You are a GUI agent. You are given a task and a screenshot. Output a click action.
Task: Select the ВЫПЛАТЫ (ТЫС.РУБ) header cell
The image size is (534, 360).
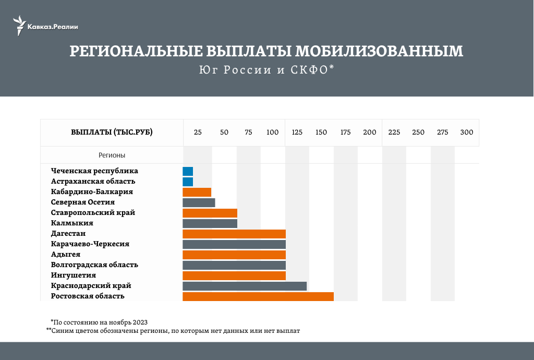click(112, 133)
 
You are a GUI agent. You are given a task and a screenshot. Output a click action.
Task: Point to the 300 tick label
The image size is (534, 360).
click(467, 133)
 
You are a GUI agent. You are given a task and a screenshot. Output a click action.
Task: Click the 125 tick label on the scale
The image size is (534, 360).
click(297, 133)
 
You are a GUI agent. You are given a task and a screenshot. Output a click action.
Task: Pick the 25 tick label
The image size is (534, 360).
click(198, 133)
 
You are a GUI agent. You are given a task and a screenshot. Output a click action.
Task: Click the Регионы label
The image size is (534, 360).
click(112, 155)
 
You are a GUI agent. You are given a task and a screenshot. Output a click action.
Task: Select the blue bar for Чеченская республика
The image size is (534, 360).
click(188, 171)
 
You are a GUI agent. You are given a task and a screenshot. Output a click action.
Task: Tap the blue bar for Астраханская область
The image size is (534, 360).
click(188, 182)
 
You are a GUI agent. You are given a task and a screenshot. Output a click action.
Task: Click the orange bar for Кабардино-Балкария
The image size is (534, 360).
click(197, 192)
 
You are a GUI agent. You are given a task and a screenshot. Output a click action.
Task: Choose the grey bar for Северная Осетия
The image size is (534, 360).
click(199, 202)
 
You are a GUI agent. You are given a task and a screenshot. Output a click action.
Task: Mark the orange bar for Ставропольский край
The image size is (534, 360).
click(210, 213)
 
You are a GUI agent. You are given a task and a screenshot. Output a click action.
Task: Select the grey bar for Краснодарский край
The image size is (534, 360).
click(245, 286)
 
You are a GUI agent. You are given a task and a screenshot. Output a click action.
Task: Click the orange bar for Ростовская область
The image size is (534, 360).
click(258, 296)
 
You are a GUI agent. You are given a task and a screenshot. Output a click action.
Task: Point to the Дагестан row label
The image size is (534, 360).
click(68, 233)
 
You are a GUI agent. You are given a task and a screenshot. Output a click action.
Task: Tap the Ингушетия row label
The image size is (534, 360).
click(74, 275)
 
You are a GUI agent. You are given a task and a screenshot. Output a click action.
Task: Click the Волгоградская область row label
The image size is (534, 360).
click(94, 265)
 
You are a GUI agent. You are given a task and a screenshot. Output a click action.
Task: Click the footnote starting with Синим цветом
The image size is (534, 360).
click(174, 330)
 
